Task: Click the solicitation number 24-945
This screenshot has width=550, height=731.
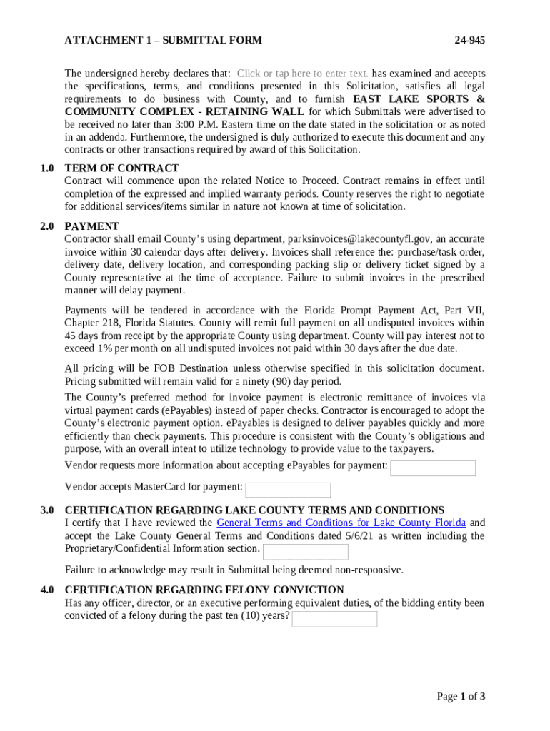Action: coord(469,41)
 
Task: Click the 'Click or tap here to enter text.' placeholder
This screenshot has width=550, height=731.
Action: coord(303,74)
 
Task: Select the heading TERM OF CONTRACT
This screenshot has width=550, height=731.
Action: coord(121,168)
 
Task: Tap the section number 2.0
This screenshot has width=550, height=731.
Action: coord(47,226)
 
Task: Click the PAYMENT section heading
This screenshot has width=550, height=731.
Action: coord(91,226)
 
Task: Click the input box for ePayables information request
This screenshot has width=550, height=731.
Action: coord(433,468)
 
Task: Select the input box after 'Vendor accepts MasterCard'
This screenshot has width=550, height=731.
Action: coord(288,490)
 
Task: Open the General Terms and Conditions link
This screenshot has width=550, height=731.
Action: coord(341,523)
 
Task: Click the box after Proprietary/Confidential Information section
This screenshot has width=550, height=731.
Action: coord(306,552)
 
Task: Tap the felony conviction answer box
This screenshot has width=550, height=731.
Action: coord(334,619)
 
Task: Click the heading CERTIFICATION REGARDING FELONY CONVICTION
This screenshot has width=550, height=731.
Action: coord(204,590)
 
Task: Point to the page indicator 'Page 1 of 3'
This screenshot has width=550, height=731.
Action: coord(461,697)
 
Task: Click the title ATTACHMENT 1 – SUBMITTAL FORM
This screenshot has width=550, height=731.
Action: coord(163,41)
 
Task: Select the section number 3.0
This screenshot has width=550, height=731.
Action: coord(47,510)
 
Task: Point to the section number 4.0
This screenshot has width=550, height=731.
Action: coord(47,590)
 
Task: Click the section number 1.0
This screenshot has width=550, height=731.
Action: coord(47,168)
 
